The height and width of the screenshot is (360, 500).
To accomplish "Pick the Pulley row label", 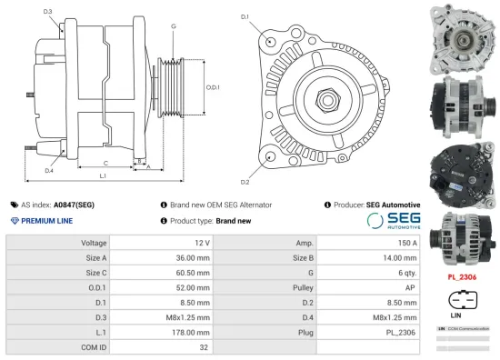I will [x=304, y=286].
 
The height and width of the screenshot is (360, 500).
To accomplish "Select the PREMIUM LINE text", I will [x=46, y=221].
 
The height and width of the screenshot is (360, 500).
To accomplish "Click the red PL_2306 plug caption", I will [x=462, y=275].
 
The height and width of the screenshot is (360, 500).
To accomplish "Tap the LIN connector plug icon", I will [x=462, y=299].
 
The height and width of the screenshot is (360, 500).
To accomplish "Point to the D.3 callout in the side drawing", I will [x=47, y=12].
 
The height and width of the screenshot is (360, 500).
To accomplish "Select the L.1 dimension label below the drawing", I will [x=102, y=175].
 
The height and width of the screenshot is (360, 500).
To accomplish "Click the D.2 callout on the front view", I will [x=245, y=170].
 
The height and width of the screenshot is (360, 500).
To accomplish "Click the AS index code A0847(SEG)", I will [x=74, y=205].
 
